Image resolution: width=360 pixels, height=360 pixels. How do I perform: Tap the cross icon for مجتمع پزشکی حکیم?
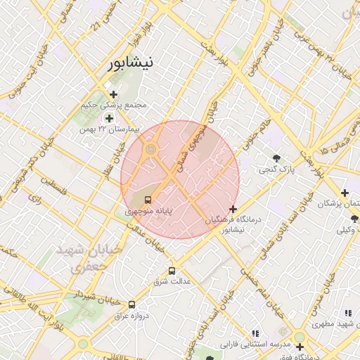(113, 94)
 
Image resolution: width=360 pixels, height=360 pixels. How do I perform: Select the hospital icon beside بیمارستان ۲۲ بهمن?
(108, 118)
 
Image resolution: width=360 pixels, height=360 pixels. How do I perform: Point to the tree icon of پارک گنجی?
(276, 158)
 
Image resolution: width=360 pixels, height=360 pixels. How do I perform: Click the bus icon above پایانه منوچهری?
(147, 199)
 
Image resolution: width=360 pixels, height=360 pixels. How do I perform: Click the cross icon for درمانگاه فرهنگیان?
(233, 209)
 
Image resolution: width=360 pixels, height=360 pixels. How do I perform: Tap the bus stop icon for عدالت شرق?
(172, 271)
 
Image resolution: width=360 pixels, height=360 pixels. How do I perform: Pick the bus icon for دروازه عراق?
(132, 304)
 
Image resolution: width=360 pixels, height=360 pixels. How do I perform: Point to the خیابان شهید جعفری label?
(97, 258)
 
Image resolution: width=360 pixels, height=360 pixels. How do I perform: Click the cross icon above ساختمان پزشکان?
(344, 193)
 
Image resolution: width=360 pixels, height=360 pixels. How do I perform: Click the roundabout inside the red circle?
(150, 149)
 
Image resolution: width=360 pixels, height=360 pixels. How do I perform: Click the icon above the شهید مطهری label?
(348, 314)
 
